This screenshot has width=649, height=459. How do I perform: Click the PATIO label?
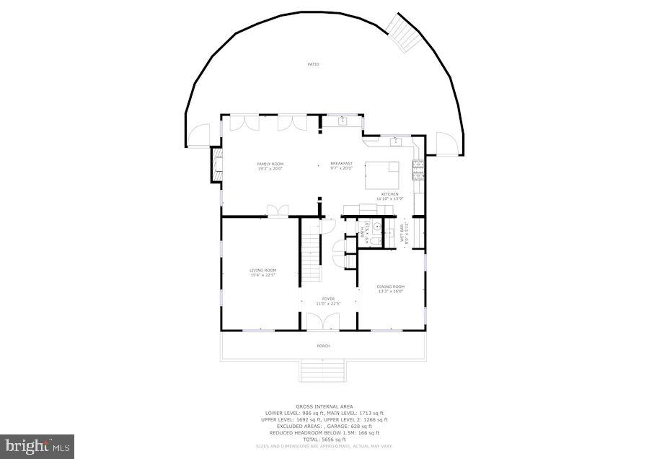pyautogui.click(x=313, y=64)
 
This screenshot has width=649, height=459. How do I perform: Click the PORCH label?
pyautogui.click(x=324, y=346)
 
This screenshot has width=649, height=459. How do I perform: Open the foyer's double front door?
pyautogui.click(x=324, y=322)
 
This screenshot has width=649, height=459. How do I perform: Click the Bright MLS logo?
pyautogui.click(x=37, y=446)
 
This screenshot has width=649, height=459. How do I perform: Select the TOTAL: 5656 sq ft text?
pyautogui.click(x=324, y=439)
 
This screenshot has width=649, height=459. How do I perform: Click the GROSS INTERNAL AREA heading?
pyautogui.click(x=324, y=406)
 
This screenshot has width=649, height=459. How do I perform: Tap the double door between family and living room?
pyautogui.click(x=278, y=211)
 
